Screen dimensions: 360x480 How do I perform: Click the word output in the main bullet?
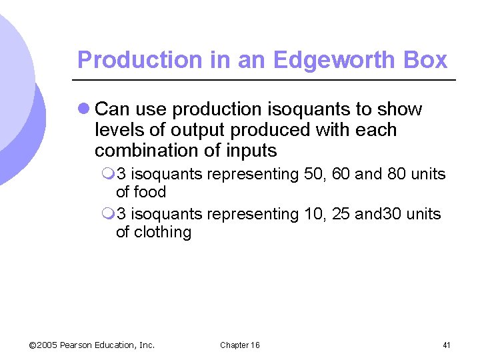201,130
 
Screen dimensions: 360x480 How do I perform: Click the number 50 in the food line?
312,175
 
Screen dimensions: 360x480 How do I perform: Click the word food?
150,193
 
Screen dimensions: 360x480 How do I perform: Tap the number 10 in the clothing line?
312,214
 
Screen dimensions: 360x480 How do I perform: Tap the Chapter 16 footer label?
240,345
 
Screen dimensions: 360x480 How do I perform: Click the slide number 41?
447,345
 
